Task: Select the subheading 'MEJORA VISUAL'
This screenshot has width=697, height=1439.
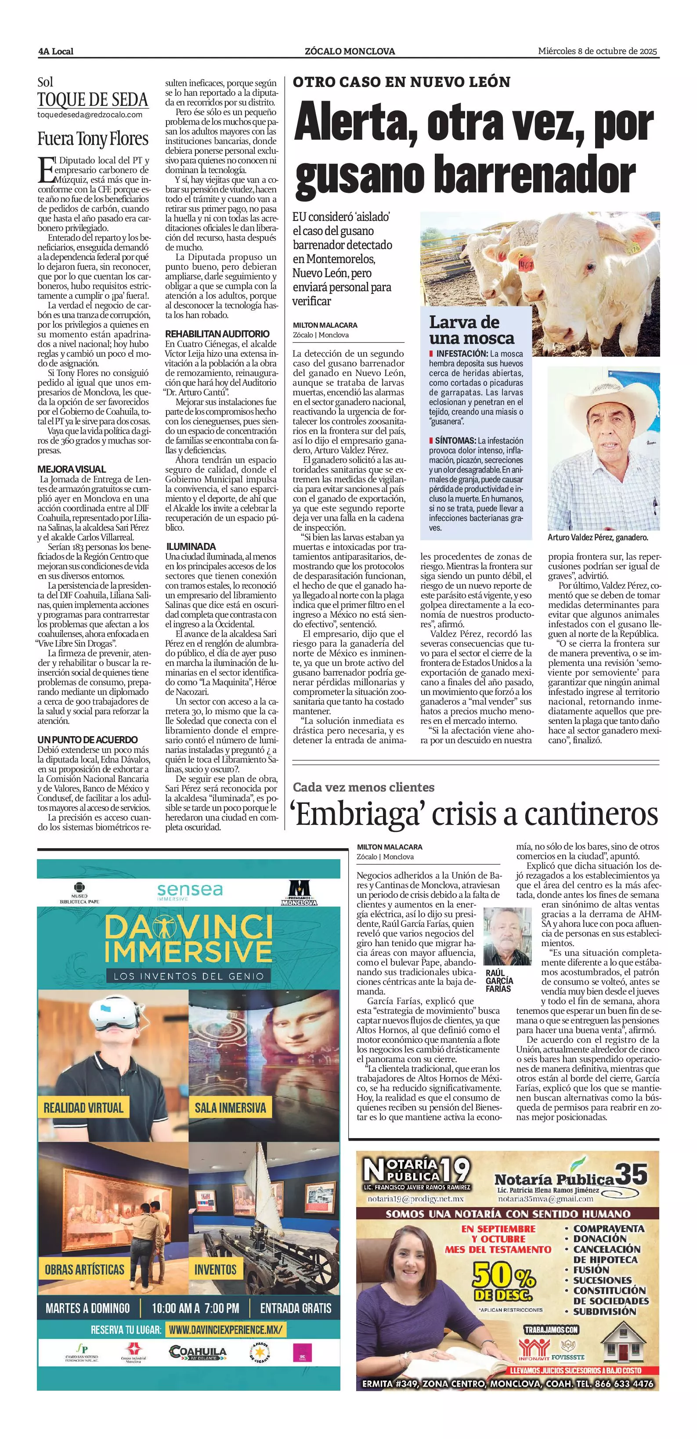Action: point(72,469)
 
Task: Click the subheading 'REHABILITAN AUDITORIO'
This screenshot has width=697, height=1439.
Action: point(217,333)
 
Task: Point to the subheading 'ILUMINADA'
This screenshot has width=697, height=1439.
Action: point(191,546)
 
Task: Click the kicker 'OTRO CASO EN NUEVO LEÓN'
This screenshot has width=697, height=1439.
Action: point(401,82)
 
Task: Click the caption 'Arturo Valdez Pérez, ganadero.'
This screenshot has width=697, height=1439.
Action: point(598,537)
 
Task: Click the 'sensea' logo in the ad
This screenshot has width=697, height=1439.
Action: point(190,890)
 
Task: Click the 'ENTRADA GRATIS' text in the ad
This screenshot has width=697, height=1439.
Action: point(296,1308)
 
